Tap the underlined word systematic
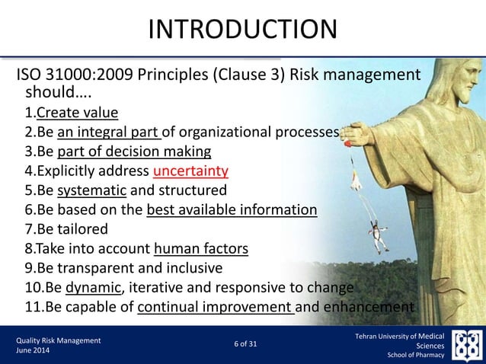click(x=85, y=190)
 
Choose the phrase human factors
click(x=200, y=248)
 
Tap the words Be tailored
click(x=72, y=228)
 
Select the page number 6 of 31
click(x=243, y=345)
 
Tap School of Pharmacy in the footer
click(x=420, y=355)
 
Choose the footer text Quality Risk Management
click(x=59, y=340)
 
